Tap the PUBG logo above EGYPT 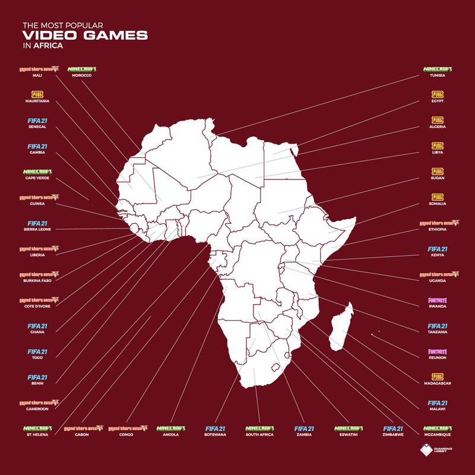click(438, 94)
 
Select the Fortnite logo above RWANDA click(438, 300)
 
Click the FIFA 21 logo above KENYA click(438, 248)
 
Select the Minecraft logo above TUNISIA click(438, 68)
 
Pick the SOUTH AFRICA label click(259, 435)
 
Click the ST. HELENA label click(37, 435)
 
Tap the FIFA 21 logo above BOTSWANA click(215, 427)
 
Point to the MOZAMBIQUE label click(438, 435)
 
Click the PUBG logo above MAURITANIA click(37, 94)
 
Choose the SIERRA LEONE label click(37, 229)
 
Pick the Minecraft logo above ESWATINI click(349, 427)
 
